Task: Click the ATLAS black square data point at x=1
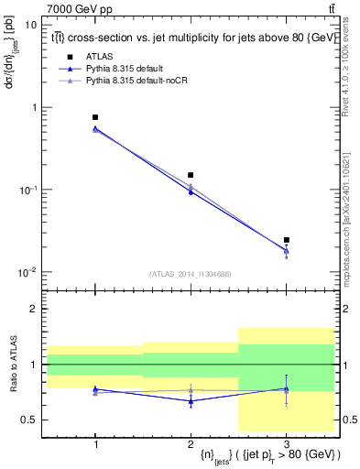pyautogui.click(x=95, y=117)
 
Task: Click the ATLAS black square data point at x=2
pyautogui.click(x=191, y=175)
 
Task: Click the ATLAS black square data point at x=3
pyautogui.click(x=287, y=240)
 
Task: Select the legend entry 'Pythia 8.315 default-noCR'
pyautogui.click(x=136, y=81)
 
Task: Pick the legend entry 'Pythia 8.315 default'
pyautogui.click(x=126, y=69)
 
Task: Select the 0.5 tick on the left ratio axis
pyautogui.click(x=29, y=420)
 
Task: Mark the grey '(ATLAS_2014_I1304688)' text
pyautogui.click(x=191, y=274)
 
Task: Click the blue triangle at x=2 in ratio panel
pyautogui.click(x=191, y=401)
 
